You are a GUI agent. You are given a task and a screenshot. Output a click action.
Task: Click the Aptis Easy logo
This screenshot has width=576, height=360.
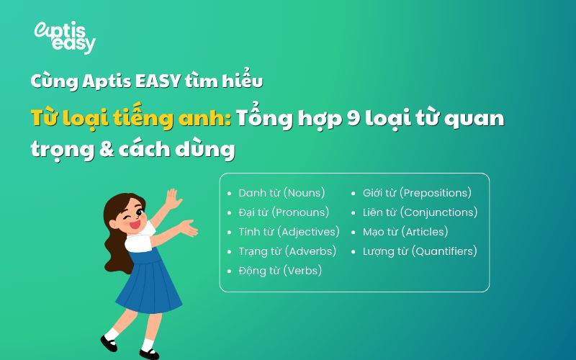coord(65,37)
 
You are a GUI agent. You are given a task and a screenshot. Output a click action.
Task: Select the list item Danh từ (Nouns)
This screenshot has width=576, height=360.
coord(282,193)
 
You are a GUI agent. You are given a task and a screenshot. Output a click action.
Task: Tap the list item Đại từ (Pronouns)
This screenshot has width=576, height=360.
coord(284,212)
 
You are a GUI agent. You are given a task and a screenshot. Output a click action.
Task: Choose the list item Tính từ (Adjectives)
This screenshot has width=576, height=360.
coord(289,232)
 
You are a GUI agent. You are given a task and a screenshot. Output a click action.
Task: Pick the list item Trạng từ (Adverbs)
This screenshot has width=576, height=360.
coord(287,251)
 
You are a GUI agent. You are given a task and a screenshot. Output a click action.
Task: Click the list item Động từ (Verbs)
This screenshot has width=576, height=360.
coord(280,271)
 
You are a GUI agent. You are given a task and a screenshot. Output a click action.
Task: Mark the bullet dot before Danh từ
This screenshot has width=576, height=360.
coord(230,194)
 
